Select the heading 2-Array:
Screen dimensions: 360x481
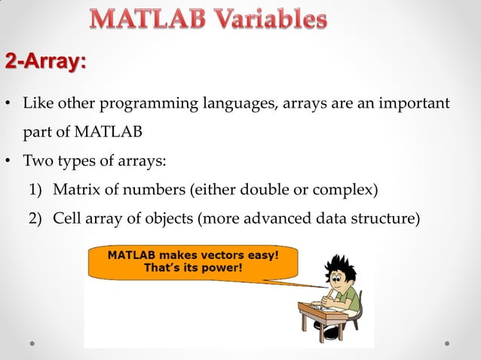(x=46, y=62)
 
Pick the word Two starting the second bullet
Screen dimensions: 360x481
(x=38, y=160)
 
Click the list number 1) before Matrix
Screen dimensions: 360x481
(x=37, y=189)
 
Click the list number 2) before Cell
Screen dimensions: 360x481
(x=37, y=218)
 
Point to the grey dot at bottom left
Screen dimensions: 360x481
(x=32, y=343)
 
